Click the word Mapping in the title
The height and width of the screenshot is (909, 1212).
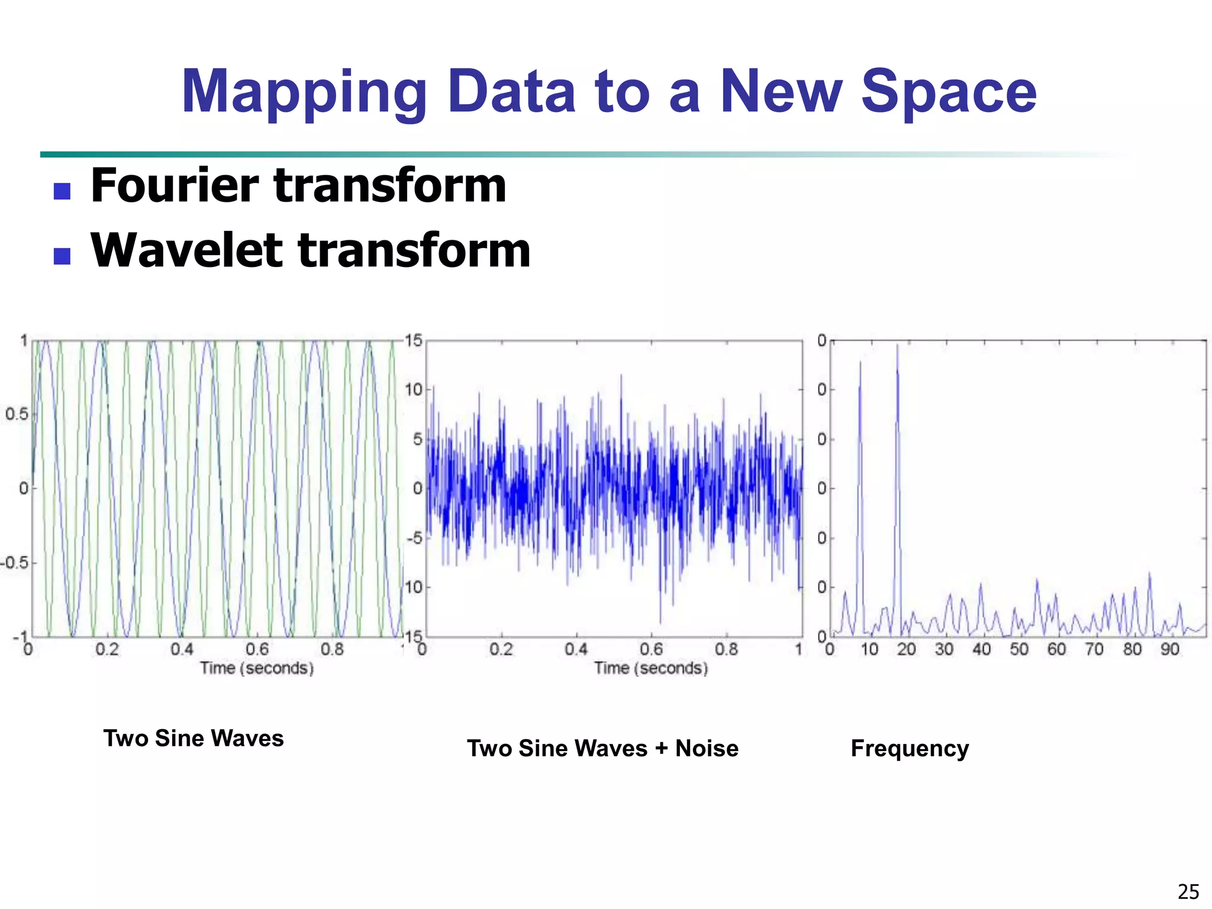304,92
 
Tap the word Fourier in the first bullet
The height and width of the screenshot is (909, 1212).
174,186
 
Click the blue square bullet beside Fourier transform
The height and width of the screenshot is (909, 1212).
62,191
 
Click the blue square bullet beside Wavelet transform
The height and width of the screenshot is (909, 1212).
62,256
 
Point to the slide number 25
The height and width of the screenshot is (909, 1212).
1188,891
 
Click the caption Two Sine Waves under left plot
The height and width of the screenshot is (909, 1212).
194,739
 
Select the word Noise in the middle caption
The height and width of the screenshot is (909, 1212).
707,749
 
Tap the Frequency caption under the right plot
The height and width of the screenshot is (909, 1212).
910,749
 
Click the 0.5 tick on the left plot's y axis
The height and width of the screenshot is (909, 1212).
17,414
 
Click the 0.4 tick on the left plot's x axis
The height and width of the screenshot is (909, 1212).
182,650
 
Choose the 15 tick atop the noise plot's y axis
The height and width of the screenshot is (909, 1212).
414,340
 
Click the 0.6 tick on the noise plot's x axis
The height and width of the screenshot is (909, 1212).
651,650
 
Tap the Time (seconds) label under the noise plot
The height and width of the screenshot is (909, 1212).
651,668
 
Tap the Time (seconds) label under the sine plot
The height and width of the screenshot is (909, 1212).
257,668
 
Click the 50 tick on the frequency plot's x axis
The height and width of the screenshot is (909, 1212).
1019,650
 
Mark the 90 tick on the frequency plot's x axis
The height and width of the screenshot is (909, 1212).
1169,650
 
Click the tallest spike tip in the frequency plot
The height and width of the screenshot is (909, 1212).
897,346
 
